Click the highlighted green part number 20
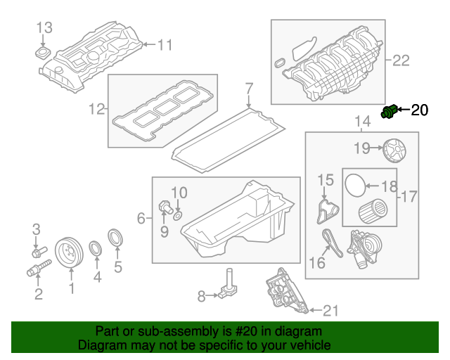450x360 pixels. (x=389, y=111)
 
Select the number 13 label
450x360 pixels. (x=44, y=27)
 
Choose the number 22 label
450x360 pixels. (x=400, y=60)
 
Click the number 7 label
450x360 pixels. (x=248, y=89)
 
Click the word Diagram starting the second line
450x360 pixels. (x=100, y=346)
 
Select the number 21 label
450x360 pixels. (x=330, y=309)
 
